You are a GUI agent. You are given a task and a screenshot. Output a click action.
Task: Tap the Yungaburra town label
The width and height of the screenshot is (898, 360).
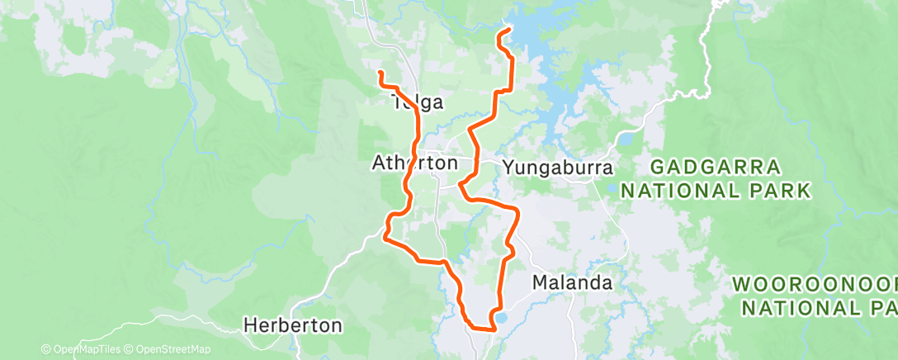(x=559, y=168)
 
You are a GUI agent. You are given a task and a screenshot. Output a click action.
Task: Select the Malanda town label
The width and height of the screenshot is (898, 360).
(x=572, y=282)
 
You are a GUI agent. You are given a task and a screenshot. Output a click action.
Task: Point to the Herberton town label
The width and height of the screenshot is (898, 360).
(x=293, y=325)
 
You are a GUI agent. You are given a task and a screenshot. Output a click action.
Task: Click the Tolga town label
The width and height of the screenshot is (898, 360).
(x=418, y=103)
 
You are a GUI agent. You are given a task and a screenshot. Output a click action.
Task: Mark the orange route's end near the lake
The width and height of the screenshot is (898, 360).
(x=506, y=31)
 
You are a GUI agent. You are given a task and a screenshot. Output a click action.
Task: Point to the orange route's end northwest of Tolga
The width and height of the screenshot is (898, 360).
(x=380, y=73)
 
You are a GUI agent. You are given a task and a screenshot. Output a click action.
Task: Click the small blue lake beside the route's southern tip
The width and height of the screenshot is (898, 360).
(x=501, y=318)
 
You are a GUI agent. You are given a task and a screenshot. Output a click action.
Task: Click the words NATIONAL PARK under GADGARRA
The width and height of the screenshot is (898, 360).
(x=716, y=192)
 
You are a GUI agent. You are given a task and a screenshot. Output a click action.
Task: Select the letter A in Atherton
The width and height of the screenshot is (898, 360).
(x=379, y=163)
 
